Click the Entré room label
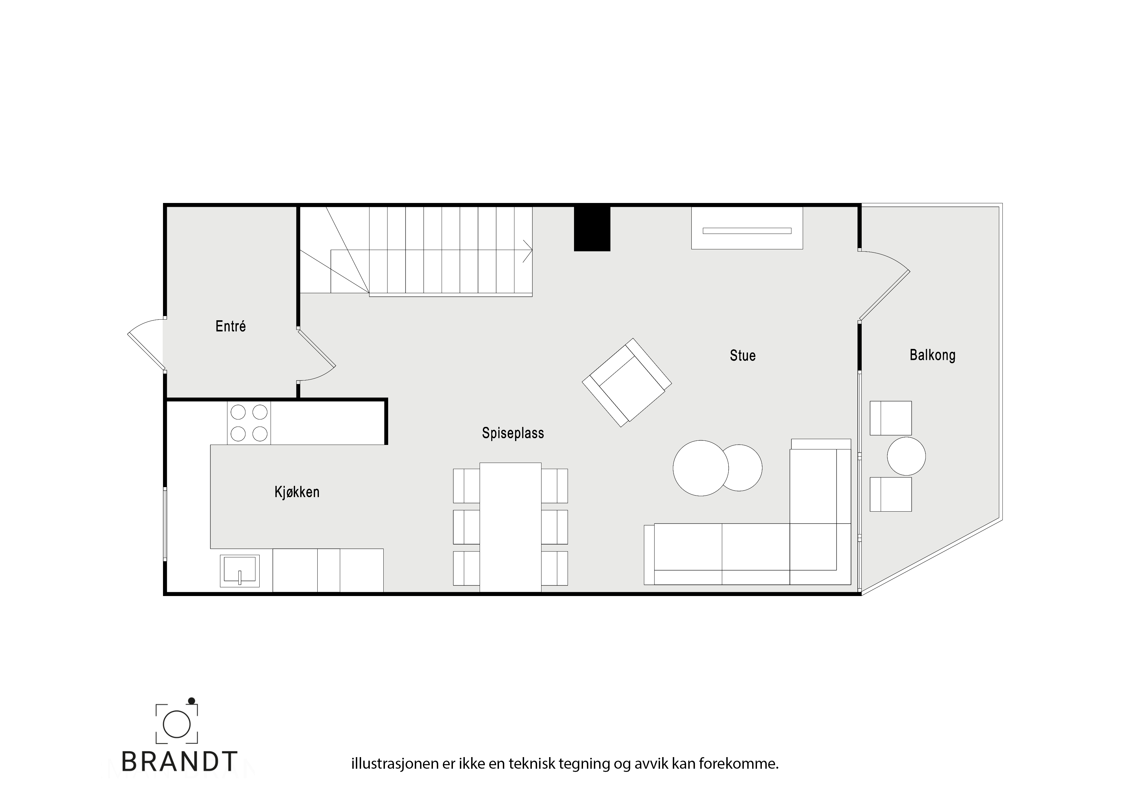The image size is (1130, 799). coord(230,326)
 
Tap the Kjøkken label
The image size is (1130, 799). coord(297,492)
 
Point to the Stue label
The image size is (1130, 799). coord(742,355)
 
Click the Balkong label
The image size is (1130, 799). coord(932,355)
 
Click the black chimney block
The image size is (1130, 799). coord(592,228)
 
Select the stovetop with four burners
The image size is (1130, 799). coord(249,423)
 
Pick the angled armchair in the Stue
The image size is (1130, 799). coord(627,382)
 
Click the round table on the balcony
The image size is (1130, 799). coord(906,456)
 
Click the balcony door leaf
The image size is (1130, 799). coord(885,295)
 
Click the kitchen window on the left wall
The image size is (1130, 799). coord(165,524)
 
